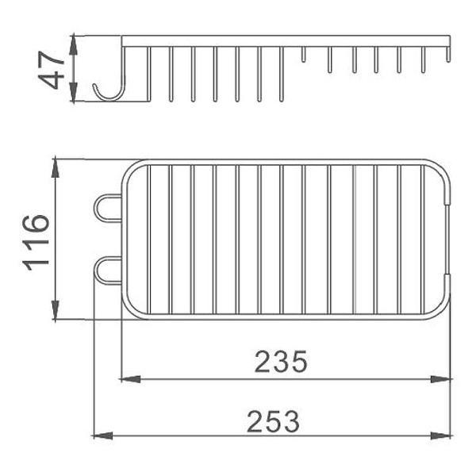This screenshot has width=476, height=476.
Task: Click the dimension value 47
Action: coord(52,70)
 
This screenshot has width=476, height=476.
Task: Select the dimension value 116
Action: coord(36,243)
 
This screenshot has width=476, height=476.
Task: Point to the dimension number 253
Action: coord(273,421)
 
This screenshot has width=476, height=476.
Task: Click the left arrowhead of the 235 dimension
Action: coord(131,379)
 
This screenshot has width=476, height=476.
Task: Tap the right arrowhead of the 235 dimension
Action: coord(441,379)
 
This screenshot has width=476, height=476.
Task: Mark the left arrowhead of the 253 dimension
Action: coord(102,436)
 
